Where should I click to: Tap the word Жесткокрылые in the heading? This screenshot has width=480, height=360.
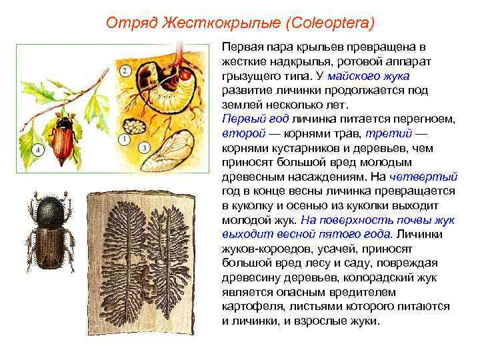[x=219, y=24]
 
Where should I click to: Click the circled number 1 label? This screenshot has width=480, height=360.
[x=124, y=139]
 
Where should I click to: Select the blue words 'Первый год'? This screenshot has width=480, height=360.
[x=245, y=119]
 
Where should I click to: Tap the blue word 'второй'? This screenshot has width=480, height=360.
[x=238, y=133]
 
